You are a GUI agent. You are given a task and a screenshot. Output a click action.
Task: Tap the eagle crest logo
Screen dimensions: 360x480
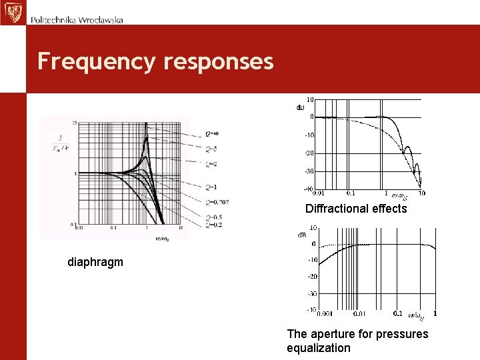[x=11, y=12]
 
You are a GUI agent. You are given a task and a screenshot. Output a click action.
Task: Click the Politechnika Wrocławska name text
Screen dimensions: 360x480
[x=77, y=20]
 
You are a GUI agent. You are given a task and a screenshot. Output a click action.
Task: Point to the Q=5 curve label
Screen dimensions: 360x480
[x=212, y=149]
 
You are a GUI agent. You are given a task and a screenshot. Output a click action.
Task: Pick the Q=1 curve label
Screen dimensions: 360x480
[x=212, y=187]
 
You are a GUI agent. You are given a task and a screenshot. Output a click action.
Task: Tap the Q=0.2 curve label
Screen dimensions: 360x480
[x=215, y=225]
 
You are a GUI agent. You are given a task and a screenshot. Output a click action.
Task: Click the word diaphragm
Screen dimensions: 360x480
[x=95, y=262]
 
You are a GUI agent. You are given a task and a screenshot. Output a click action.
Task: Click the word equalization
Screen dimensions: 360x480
[x=318, y=348]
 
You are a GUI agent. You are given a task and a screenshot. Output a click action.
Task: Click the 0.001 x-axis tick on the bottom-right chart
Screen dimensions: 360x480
[x=325, y=313]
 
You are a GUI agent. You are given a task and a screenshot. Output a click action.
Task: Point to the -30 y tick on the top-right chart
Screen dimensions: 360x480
[x=309, y=171]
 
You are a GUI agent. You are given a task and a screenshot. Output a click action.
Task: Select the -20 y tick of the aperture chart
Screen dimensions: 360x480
[x=311, y=277]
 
